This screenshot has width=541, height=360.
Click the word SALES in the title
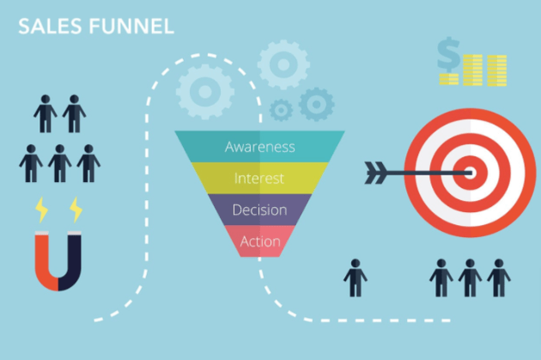pyautogui.click(x=50, y=27)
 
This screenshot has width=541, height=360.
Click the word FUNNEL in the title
pyautogui.click(x=131, y=27)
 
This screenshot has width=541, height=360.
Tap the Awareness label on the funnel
pyautogui.click(x=260, y=147)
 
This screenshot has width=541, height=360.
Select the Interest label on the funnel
pyautogui.click(x=259, y=179)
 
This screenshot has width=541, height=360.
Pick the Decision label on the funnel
pyautogui.click(x=260, y=210)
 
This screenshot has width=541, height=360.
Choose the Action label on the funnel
pyautogui.click(x=260, y=241)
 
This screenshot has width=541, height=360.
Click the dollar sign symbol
pyautogui.click(x=448, y=54)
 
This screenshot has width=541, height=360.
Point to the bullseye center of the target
pyautogui.click(x=470, y=173)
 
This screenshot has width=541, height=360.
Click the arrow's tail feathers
pyautogui.click(x=376, y=173)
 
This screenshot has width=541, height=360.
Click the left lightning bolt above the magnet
pyautogui.click(x=42, y=210)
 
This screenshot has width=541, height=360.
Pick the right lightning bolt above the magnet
pyautogui.click(x=76, y=210)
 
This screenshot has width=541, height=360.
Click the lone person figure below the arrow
pyautogui.click(x=356, y=278)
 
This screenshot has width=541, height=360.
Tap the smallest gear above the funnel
pyautogui.click(x=281, y=110)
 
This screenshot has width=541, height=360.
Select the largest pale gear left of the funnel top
pyautogui.click(x=205, y=91)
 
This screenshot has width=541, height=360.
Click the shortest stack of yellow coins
pyautogui.click(x=448, y=79)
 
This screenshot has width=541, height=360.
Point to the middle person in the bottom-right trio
pyautogui.click(x=470, y=278)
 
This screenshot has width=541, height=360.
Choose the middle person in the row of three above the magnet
pyautogui.click(x=60, y=163)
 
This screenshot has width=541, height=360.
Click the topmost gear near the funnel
pyautogui.click(x=283, y=64)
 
